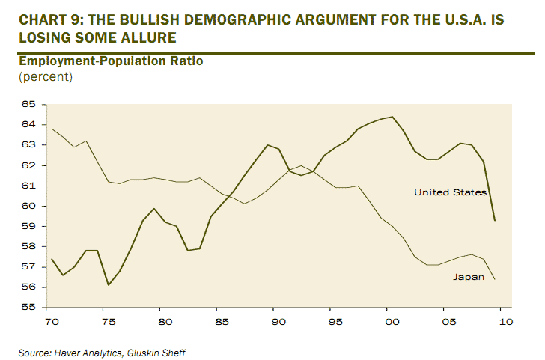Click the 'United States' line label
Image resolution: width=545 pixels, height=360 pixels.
click(x=450, y=192)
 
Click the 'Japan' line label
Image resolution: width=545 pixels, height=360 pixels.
click(x=469, y=277)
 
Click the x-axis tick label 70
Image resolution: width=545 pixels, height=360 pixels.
click(x=52, y=322)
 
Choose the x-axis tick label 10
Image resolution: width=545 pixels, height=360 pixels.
click(x=506, y=322)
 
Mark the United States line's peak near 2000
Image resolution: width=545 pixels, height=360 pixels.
click(x=392, y=117)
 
